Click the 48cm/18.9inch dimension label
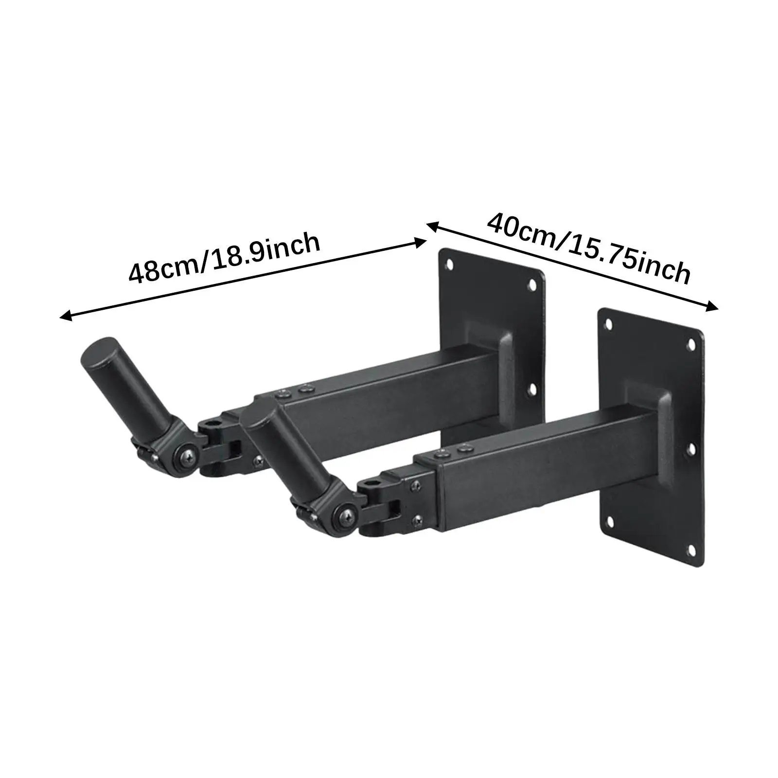pyautogui.click(x=225, y=258)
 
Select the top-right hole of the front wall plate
pyautogui.click(x=691, y=344)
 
